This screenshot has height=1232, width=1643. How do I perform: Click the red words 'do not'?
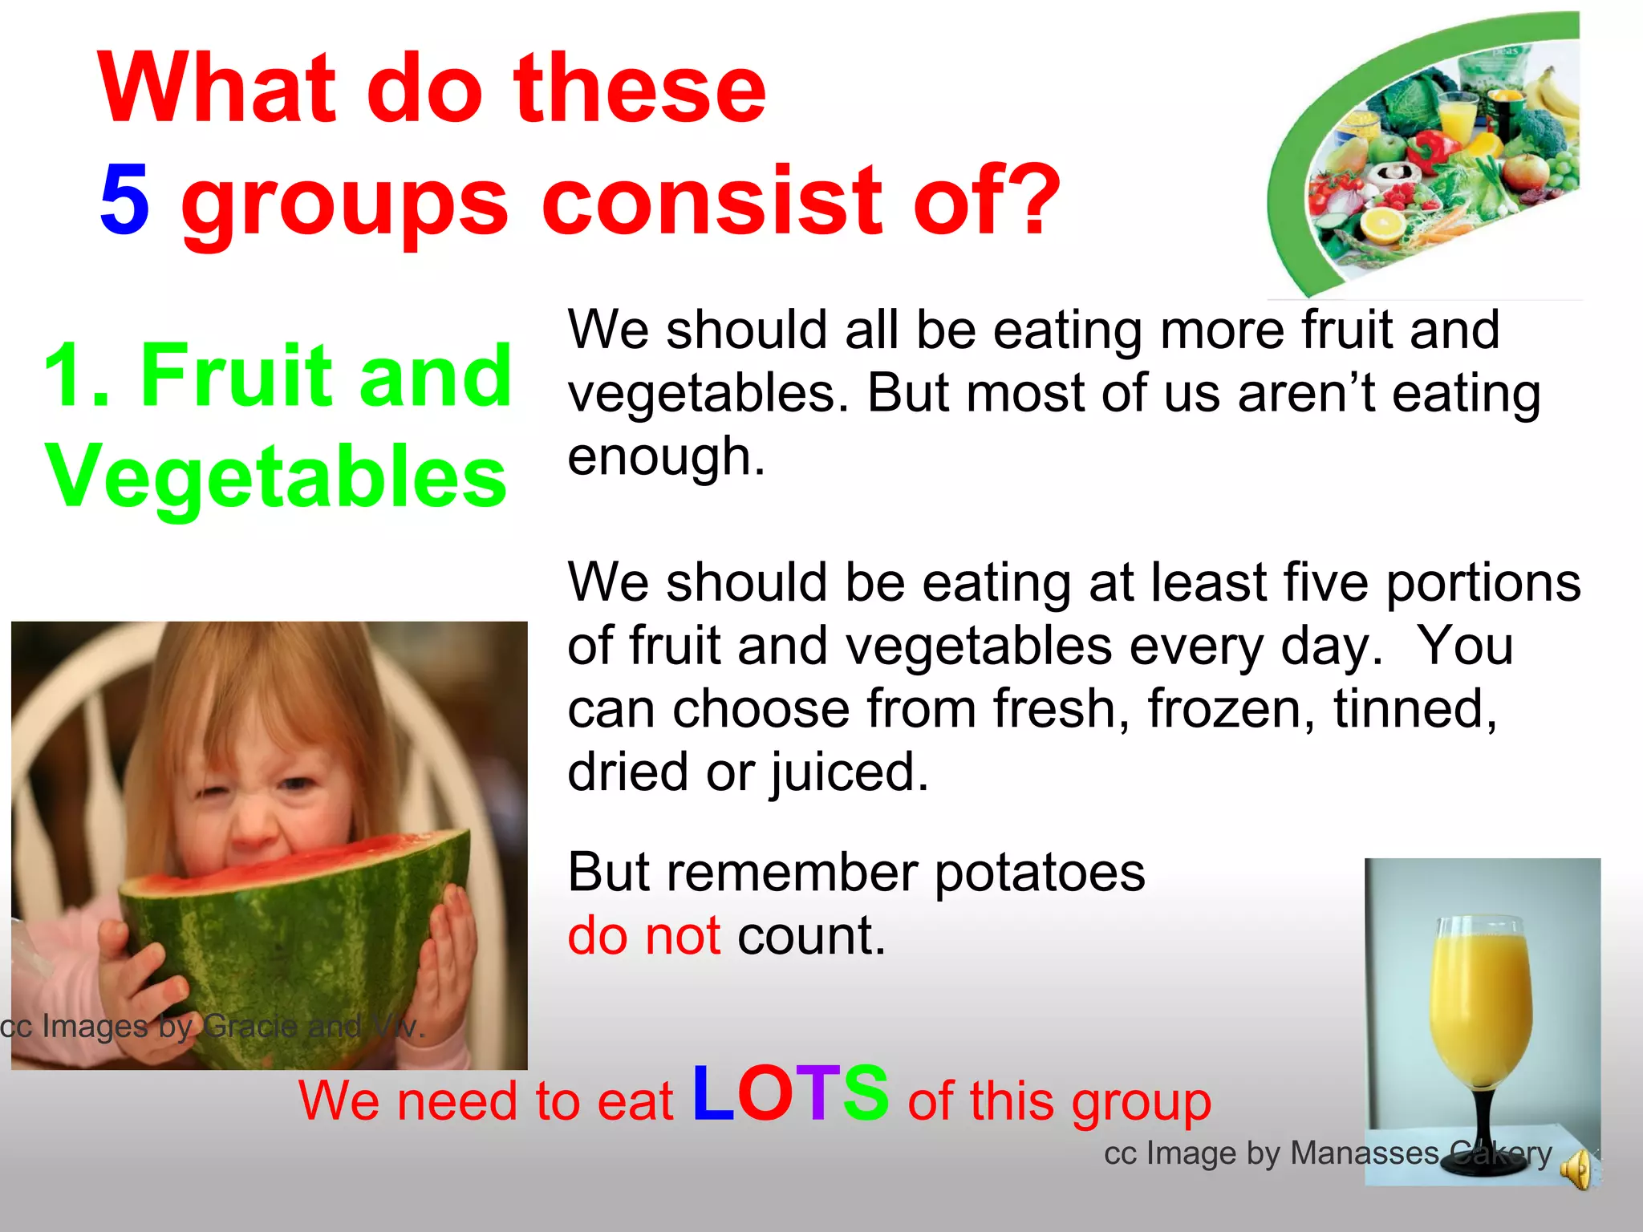click(644, 936)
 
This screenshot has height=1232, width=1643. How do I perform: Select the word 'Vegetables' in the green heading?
click(276, 476)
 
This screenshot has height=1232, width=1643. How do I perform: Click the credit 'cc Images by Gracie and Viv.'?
click(212, 1026)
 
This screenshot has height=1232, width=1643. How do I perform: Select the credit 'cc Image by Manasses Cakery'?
click(1328, 1153)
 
